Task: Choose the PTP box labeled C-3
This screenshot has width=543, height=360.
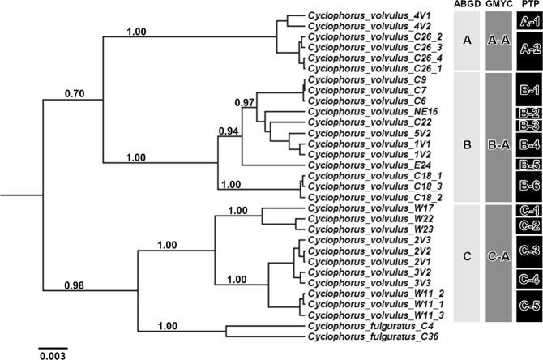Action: [x=530, y=251]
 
